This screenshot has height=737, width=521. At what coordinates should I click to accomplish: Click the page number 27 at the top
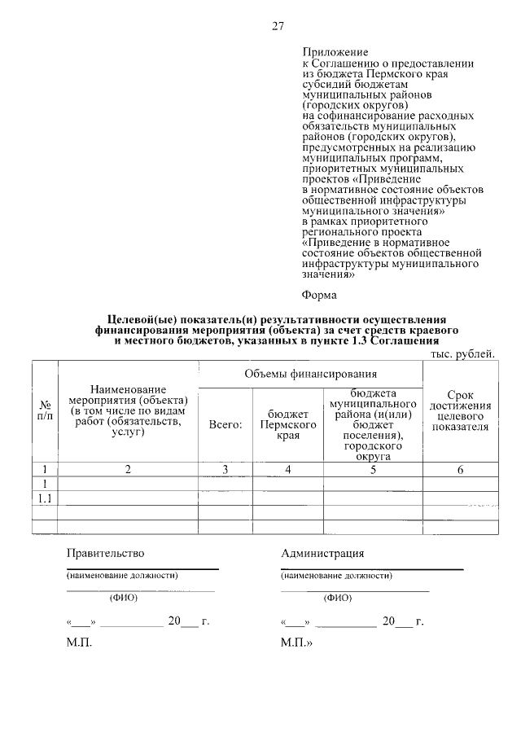[278, 26]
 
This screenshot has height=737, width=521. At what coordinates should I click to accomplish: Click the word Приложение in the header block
[335, 52]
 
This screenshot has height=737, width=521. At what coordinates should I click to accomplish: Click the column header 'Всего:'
[225, 424]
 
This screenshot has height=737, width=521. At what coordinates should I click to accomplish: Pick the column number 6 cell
[461, 469]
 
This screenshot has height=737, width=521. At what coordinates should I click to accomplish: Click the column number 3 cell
[225, 469]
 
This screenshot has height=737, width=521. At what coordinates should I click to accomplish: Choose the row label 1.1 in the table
[46, 498]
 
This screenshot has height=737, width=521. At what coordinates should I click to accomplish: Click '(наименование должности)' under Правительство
[122, 575]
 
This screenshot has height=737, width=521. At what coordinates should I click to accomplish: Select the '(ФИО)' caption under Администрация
[337, 597]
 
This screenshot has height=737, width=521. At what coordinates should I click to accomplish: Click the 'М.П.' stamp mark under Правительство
[79, 643]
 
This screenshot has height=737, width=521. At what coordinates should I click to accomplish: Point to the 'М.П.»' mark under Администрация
[296, 643]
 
